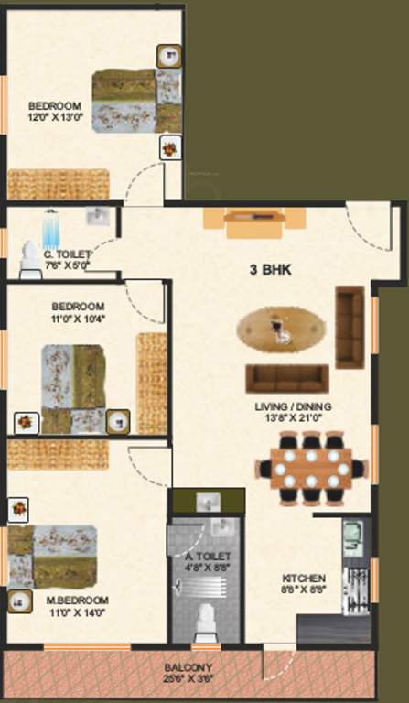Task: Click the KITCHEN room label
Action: click(x=304, y=579)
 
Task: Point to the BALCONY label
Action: click(x=189, y=667)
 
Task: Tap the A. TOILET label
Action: click(x=207, y=556)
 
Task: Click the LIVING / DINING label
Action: click(x=293, y=406)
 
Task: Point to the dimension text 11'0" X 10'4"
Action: click(x=77, y=319)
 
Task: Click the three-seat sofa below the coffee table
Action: click(x=287, y=377)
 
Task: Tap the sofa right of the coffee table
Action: click(x=350, y=325)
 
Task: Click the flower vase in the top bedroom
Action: click(x=169, y=146)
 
